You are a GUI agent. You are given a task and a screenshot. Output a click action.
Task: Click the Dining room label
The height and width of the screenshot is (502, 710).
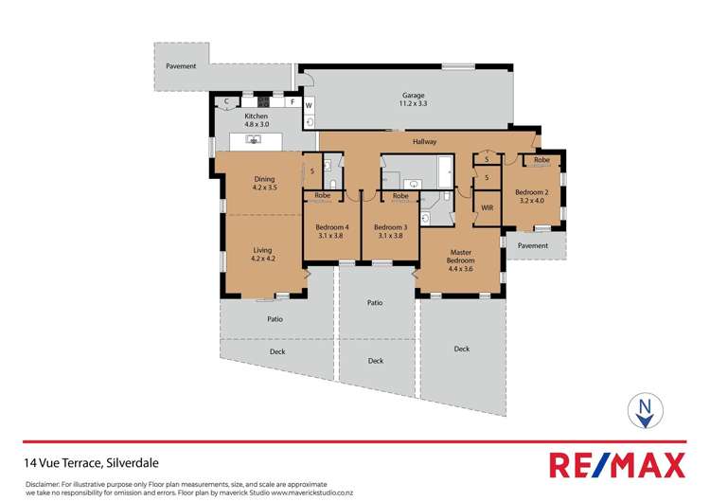[x=263, y=184]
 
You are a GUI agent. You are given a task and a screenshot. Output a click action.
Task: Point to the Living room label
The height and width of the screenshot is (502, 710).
[x=262, y=254]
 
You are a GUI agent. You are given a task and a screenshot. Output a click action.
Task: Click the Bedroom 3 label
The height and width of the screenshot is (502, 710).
[x=390, y=231]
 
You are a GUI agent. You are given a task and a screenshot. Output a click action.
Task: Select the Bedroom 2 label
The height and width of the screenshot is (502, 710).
[x=532, y=196]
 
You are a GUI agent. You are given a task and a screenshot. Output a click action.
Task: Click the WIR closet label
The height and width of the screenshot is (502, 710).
[x=488, y=206]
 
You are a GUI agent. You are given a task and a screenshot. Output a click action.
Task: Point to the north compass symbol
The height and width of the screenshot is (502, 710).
[x=645, y=409]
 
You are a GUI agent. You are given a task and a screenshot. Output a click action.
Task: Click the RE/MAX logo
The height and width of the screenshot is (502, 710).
[x=616, y=465]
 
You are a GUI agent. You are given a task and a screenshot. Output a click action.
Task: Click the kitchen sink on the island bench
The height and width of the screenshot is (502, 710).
[x=253, y=140]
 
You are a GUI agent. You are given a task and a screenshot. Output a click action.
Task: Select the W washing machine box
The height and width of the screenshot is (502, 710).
[x=309, y=104]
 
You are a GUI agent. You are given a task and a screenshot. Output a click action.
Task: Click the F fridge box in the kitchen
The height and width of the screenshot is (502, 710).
[x=293, y=101]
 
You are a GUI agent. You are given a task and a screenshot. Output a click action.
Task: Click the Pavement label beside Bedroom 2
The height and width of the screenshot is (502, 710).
[x=533, y=245]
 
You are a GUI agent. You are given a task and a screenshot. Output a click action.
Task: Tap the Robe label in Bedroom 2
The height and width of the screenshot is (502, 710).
[x=541, y=160]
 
